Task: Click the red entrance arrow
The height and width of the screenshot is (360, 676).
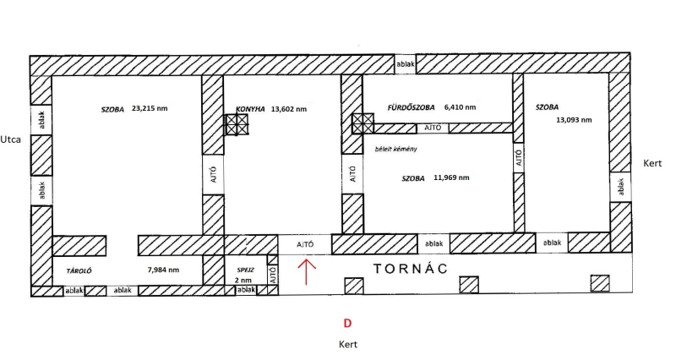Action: click(306, 271)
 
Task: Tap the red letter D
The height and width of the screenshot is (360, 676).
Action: click(347, 324)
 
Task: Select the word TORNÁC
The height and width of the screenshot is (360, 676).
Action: click(411, 269)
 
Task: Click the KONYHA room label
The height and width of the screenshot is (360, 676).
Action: click(250, 110)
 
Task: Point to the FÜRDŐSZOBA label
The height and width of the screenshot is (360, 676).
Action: click(411, 107)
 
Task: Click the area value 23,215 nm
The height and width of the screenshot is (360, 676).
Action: click(150, 109)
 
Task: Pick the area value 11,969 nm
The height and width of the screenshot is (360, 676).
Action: click(451, 177)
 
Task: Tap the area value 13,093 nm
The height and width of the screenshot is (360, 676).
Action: click(574, 120)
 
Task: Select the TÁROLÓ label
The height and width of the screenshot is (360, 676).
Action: click(79, 271)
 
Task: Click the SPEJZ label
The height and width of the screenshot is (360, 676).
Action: click(245, 270)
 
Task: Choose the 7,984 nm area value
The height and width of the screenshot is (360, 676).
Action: click(163, 270)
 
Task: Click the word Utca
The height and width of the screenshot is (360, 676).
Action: click(10, 139)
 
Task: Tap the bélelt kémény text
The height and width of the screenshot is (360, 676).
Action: click(395, 150)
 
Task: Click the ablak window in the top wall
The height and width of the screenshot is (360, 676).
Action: click(406, 64)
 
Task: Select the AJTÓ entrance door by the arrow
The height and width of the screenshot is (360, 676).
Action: click(305, 244)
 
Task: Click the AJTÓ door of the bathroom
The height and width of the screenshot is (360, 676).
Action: click(433, 128)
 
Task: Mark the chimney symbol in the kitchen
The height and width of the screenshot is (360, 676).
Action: click(237, 124)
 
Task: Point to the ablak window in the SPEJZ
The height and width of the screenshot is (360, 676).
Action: click(246, 290)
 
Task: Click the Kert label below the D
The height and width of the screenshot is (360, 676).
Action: click(348, 345)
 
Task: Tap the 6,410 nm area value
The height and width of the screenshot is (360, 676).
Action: click(460, 107)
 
